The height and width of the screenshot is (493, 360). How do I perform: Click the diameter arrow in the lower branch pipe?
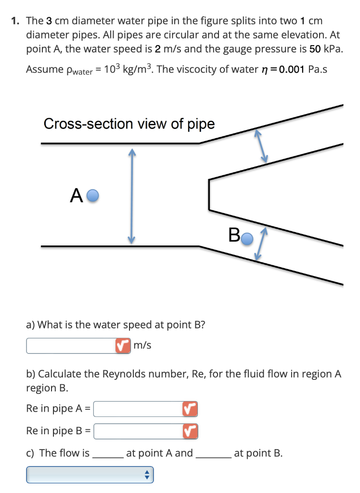260,244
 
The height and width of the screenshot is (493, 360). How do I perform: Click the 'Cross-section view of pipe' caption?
129,124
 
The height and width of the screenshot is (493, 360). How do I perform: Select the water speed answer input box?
70,345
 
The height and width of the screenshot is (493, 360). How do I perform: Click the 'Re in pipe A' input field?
138,409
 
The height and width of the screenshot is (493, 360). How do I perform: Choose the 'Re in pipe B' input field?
138,430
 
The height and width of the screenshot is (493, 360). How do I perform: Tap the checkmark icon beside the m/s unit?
122,345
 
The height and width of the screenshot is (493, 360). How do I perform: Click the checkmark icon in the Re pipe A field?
190,409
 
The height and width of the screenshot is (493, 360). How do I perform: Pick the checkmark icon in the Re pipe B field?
190,430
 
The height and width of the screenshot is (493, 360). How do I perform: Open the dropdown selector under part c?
90,475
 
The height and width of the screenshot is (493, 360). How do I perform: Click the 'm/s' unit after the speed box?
142,345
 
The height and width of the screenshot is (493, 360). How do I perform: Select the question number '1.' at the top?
16,21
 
